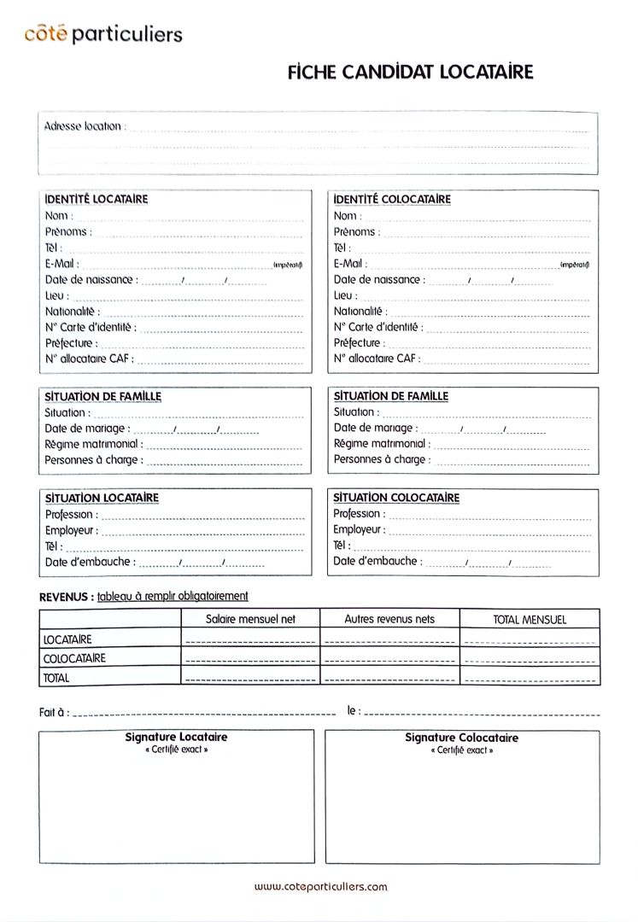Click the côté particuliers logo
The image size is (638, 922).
coord(103,34)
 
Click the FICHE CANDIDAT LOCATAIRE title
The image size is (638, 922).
coord(410,73)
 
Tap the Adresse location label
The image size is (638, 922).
coord(84,126)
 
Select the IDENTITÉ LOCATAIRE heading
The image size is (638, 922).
coord(97,199)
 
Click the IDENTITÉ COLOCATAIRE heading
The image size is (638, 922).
coord(392,199)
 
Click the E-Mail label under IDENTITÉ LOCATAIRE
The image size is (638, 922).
coord(61,264)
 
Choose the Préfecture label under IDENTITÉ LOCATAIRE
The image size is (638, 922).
coord(71,343)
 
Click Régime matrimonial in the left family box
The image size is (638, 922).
coord(94,445)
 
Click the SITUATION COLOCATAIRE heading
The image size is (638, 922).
coord(396,498)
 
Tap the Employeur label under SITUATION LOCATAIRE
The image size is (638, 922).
coord(72,530)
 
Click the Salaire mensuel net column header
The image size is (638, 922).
coord(250,619)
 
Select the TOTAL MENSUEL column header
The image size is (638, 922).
coord(530,620)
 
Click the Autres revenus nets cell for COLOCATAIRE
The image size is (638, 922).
coord(389,658)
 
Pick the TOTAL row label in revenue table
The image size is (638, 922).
coord(56,678)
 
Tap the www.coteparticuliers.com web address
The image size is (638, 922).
coord(320,887)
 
